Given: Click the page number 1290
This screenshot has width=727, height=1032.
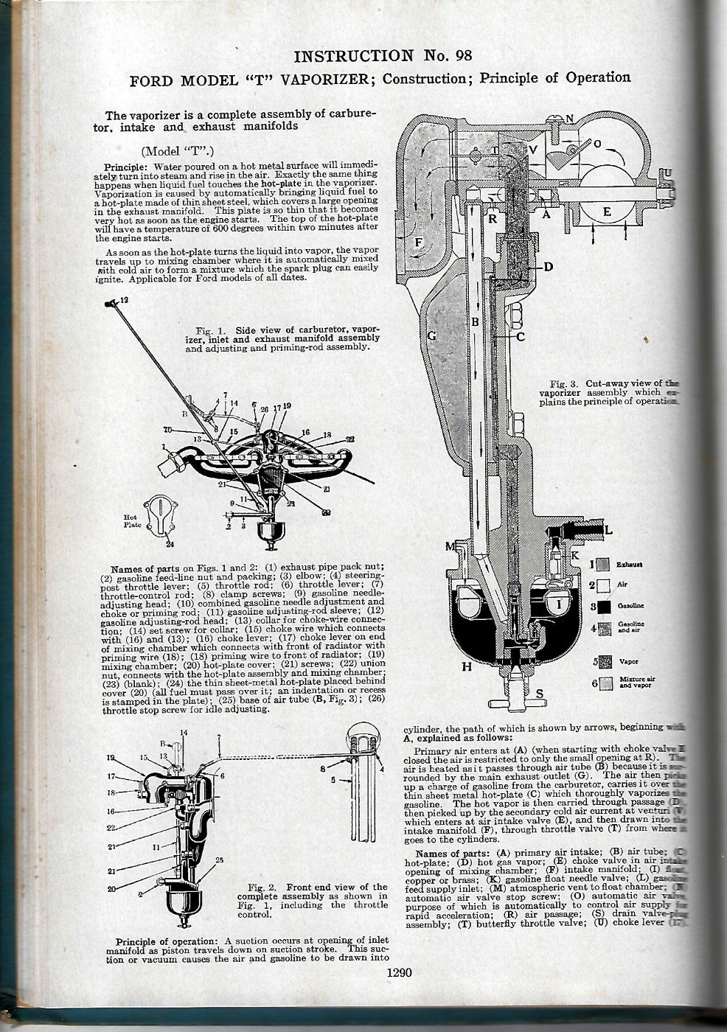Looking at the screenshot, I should click(398, 972).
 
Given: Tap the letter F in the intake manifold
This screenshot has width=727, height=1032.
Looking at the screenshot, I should click(418, 243).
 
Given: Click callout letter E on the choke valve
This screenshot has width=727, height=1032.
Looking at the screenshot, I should click(607, 212).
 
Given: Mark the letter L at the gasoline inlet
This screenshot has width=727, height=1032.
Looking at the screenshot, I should click(608, 529).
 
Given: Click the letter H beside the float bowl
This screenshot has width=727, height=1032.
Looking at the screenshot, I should click(466, 668).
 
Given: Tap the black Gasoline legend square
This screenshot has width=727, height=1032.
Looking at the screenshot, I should click(603, 607).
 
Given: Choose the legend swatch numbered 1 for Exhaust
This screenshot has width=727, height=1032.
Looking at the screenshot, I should click(603, 565).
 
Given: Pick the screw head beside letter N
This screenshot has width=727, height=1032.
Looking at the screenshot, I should click(552, 119).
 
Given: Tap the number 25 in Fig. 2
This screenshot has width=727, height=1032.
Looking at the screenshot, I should click(218, 860).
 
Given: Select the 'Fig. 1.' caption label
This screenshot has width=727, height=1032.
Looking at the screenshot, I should click(211, 329).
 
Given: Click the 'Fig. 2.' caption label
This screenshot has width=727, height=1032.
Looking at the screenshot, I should click(264, 886).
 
